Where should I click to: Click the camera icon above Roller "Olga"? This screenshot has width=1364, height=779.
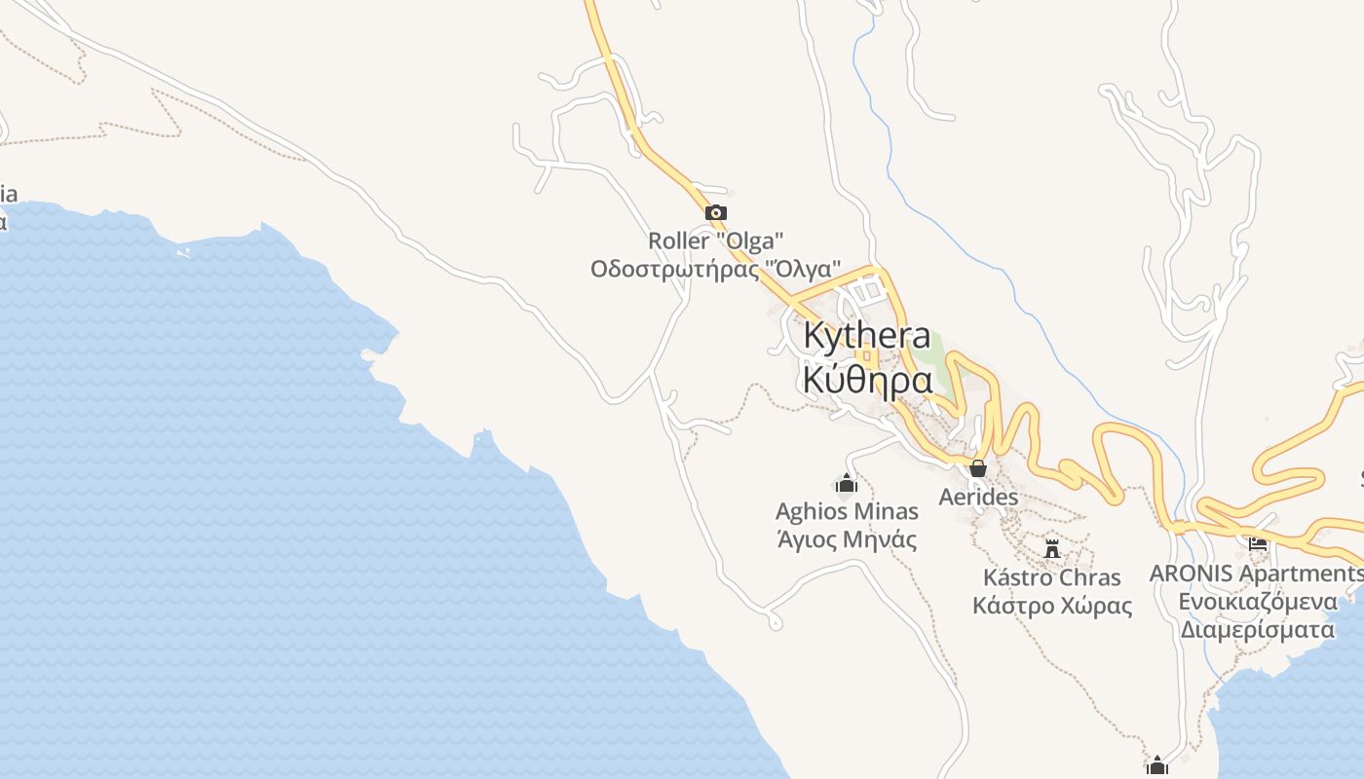click(716, 212)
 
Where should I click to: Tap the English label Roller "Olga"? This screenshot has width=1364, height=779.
click(716, 240)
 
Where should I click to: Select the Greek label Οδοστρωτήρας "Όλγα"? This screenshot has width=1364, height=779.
click(716, 268)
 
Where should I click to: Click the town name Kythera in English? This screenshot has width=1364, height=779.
click(867, 335)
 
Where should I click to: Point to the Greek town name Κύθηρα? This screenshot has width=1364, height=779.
click(867, 379)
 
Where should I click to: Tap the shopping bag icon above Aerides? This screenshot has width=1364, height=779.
click(978, 468)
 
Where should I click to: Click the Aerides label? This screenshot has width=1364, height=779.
click(978, 497)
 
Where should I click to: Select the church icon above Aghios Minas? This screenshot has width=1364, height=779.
click(847, 483)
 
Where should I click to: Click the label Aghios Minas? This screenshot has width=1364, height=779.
click(847, 511)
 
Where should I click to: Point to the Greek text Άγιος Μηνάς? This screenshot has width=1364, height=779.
click(847, 538)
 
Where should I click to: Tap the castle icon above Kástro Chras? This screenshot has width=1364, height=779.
click(1052, 548)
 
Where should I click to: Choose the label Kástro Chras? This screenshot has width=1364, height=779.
click(1052, 576)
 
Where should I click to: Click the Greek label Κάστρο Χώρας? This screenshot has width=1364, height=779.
click(1052, 605)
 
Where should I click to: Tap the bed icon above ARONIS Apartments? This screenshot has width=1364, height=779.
click(1258, 543)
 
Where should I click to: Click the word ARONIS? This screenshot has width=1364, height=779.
click(1191, 574)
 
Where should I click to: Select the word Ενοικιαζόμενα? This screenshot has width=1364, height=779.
click(1257, 601)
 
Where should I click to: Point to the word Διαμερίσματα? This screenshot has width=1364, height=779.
click(1257, 629)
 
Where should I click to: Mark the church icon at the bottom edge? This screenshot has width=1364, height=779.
click(1157, 765)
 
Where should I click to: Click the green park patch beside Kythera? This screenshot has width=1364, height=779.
click(933, 347)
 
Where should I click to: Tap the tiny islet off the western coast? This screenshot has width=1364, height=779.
click(183, 252)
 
